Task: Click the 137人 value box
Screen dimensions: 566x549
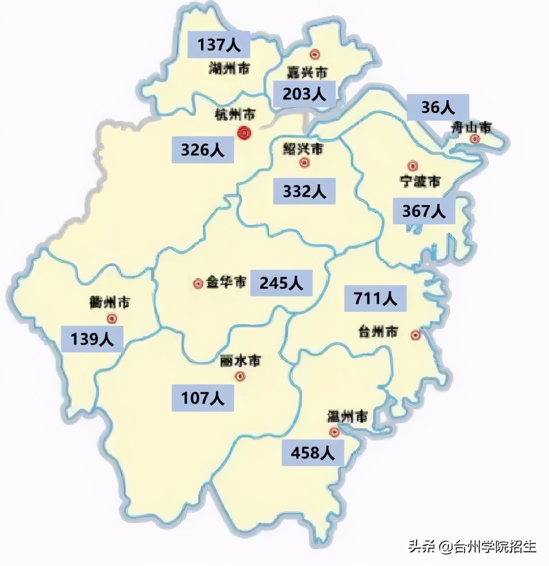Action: [x=219, y=45]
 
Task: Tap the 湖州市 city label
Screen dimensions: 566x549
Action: [x=228, y=68]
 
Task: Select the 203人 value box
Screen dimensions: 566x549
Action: [x=304, y=94]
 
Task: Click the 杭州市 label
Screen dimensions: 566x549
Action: [x=235, y=114]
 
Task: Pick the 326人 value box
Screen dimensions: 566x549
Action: [x=203, y=150]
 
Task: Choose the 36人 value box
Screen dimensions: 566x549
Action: [x=438, y=107]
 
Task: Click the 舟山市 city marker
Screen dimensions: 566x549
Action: [x=475, y=138]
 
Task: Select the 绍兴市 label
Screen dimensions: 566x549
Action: [x=303, y=149]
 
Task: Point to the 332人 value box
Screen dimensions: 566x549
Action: [x=305, y=191]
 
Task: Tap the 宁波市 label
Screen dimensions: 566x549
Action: [x=420, y=182]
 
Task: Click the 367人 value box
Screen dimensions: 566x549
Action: [x=423, y=211]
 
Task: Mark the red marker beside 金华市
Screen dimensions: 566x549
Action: [x=197, y=284]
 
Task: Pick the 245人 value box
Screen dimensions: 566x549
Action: [x=281, y=283]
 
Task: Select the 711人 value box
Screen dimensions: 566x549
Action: [x=376, y=298]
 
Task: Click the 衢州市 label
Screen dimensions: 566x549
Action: [x=109, y=302]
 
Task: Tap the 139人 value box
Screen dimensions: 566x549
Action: [x=92, y=339]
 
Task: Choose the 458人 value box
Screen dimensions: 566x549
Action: [x=313, y=453]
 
